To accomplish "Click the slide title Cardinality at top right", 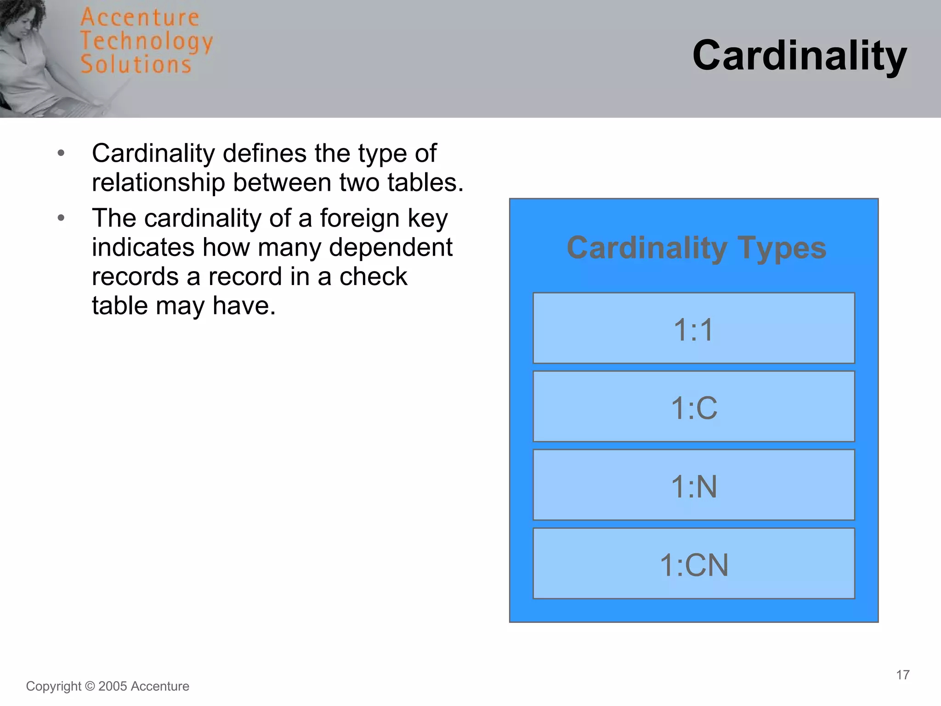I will tap(799, 56).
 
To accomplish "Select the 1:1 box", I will tap(693, 328).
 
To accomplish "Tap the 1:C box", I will tap(693, 407).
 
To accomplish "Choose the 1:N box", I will tap(693, 485).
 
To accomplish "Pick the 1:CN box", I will tap(693, 564).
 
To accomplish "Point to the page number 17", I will tap(902, 675).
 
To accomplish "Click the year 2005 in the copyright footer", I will tap(113, 686).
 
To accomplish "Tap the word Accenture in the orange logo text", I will tap(140, 17).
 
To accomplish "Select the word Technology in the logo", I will tap(147, 41).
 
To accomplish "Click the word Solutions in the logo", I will tap(136, 64).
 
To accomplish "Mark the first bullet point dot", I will tap(61, 153).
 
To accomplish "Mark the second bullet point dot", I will tap(61, 218).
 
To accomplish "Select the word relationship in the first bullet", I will tap(158, 182).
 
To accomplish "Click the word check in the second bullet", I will tap(373, 277).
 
